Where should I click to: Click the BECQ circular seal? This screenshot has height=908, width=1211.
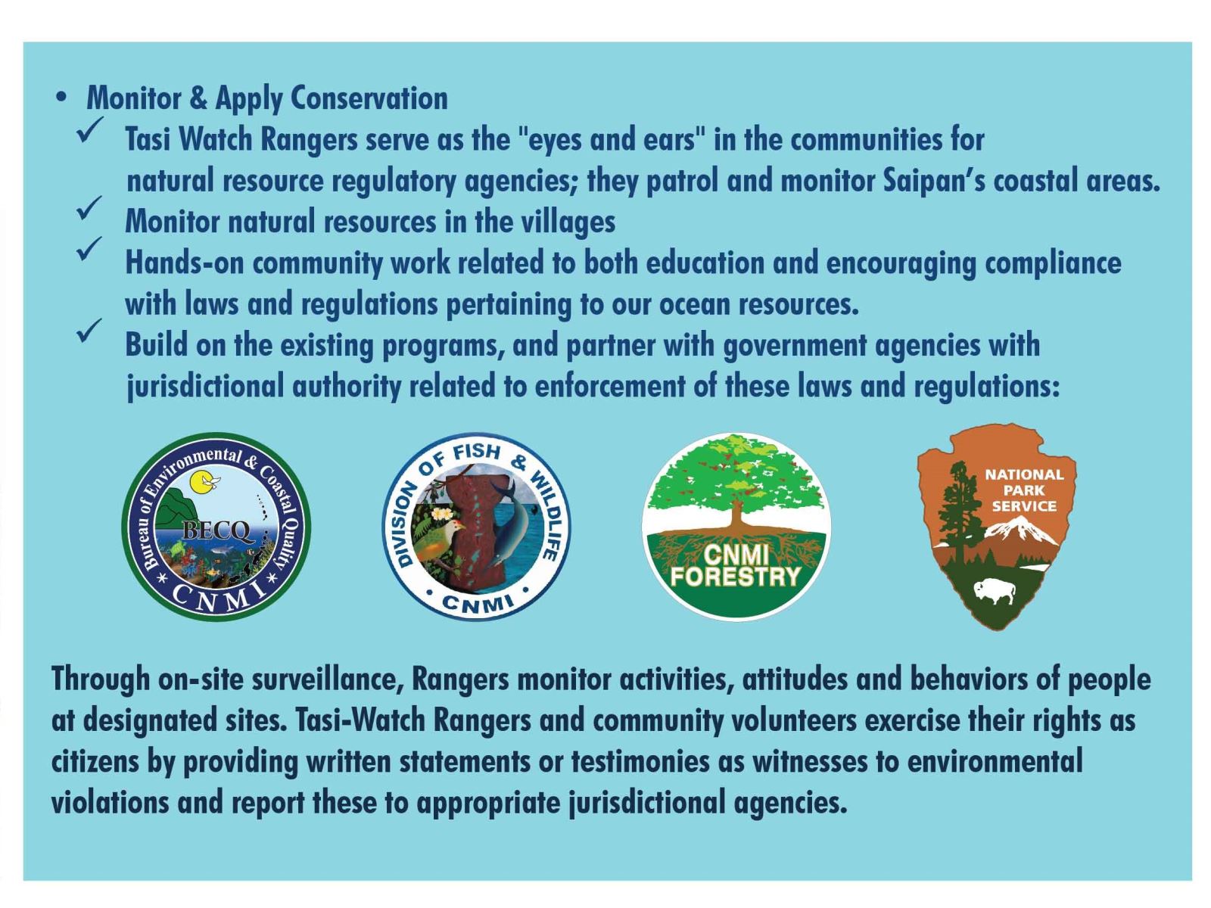click(x=216, y=526)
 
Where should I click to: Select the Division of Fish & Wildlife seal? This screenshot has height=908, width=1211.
click(x=477, y=527)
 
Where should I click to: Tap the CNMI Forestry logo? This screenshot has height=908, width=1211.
click(x=736, y=527)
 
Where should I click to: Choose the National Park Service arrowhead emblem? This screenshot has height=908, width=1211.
click(x=996, y=527)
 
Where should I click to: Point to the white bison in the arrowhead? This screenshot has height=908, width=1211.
click(x=995, y=591)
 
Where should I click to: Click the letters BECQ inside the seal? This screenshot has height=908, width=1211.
click(x=215, y=531)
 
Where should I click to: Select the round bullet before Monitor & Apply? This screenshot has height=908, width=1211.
click(x=61, y=99)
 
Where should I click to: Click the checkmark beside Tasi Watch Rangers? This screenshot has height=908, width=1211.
click(x=91, y=131)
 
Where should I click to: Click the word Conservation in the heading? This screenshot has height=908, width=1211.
click(x=369, y=98)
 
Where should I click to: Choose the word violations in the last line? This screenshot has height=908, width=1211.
click(x=110, y=802)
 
